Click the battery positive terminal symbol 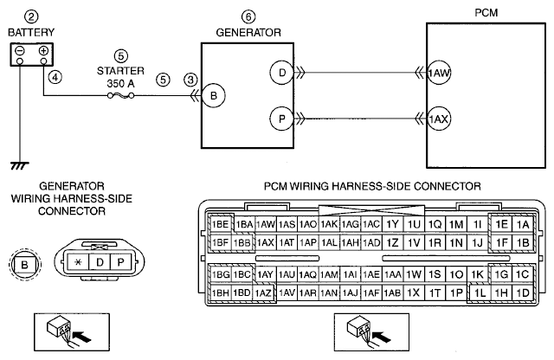[43, 50]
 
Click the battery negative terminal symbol [20, 50]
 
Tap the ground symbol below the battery [20, 165]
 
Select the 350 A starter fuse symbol [120, 95]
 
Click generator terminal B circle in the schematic [214, 95]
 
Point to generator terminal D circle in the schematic [282, 73]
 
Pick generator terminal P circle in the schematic [282, 119]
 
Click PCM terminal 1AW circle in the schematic [439, 73]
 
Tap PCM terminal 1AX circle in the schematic [439, 119]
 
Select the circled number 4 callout [55, 77]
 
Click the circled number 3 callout [190, 80]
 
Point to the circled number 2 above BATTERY [31, 16]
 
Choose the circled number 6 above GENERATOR [248, 16]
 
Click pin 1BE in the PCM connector [220, 224]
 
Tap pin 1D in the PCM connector [523, 292]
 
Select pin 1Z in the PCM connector [392, 242]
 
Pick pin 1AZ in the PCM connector [263, 292]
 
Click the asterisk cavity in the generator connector [78, 262]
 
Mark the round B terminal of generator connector [25, 264]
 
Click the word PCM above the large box [486, 13]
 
